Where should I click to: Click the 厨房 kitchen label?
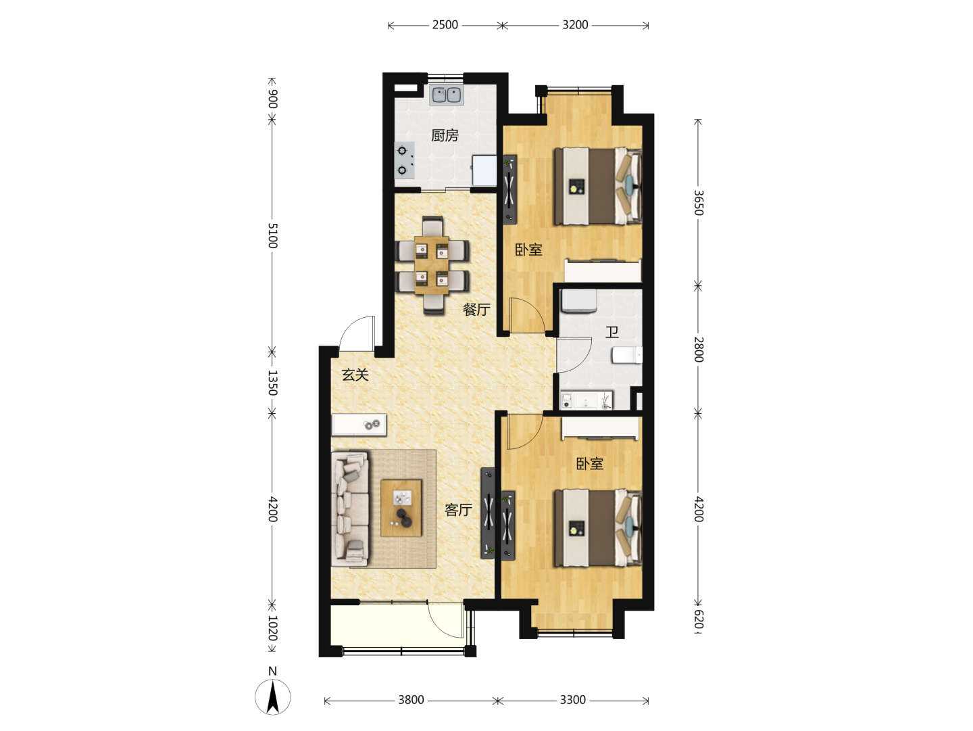pos(445,135)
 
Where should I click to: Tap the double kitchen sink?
pos(447,95)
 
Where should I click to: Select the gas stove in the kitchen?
pos(404,160)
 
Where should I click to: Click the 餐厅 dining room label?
pos(476,309)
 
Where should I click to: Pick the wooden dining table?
pos(432,265)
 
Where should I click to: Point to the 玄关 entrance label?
pos(355,375)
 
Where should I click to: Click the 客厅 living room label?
pos(458,510)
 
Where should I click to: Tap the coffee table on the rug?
pos(401,508)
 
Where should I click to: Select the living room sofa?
pos(350,509)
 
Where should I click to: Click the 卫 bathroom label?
pos(612,332)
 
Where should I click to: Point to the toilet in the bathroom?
pos(627,355)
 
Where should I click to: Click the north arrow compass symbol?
pos(272,697)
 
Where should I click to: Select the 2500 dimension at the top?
pos(445,25)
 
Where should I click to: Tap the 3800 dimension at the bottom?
pos(411,700)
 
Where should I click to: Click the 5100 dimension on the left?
pos(272,236)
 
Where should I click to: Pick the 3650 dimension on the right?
pos(699,203)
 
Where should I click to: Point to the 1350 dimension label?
pos(272,383)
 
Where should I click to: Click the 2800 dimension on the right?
pos(699,350)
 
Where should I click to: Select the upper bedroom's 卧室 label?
pos(528,250)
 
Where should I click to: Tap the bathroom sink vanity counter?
pos(587,400)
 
